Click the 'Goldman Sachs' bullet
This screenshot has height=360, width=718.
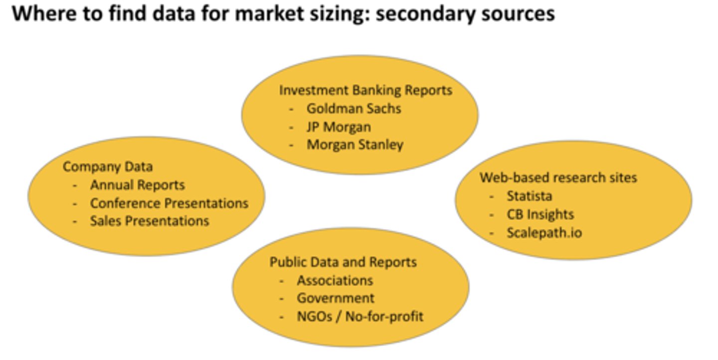click(x=354, y=108)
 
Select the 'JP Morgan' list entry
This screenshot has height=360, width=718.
click(x=339, y=127)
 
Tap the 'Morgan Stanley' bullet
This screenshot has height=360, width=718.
click(x=355, y=145)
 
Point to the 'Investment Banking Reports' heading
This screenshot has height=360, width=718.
click(x=365, y=90)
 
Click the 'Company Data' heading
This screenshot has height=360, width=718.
click(x=108, y=167)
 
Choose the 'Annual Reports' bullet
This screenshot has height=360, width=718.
click(x=137, y=185)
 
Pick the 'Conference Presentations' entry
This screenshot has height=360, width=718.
click(x=169, y=203)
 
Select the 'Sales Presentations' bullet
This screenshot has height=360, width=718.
click(x=149, y=221)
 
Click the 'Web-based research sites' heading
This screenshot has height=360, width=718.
click(x=558, y=178)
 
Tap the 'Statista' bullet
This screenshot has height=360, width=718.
click(x=529, y=196)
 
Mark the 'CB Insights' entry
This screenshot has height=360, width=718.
click(x=540, y=214)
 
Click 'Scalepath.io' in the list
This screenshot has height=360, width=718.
click(x=544, y=233)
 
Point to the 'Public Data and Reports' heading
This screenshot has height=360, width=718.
click(x=343, y=262)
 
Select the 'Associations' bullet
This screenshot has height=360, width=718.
click(x=335, y=281)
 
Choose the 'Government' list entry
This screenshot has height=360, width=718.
click(x=336, y=298)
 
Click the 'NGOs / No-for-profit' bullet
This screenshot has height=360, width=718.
click(x=360, y=316)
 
